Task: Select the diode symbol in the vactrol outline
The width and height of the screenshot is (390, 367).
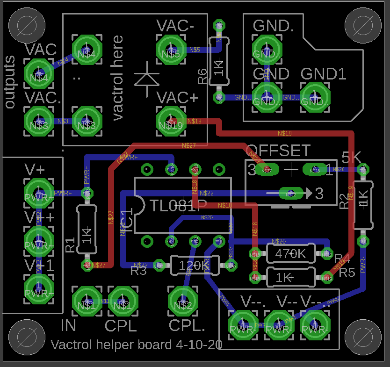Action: pos(146,79)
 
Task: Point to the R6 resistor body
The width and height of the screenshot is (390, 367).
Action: pos(218,68)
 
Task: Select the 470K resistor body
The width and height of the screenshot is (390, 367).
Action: pos(290,254)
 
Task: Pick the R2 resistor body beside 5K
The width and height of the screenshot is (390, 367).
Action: pos(363,205)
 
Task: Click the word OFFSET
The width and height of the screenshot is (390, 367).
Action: pos(278,151)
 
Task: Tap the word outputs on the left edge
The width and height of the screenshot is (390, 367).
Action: pos(9,82)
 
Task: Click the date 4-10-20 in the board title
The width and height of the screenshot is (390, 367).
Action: pos(199,345)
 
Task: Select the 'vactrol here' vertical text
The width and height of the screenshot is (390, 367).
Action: pos(118,77)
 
